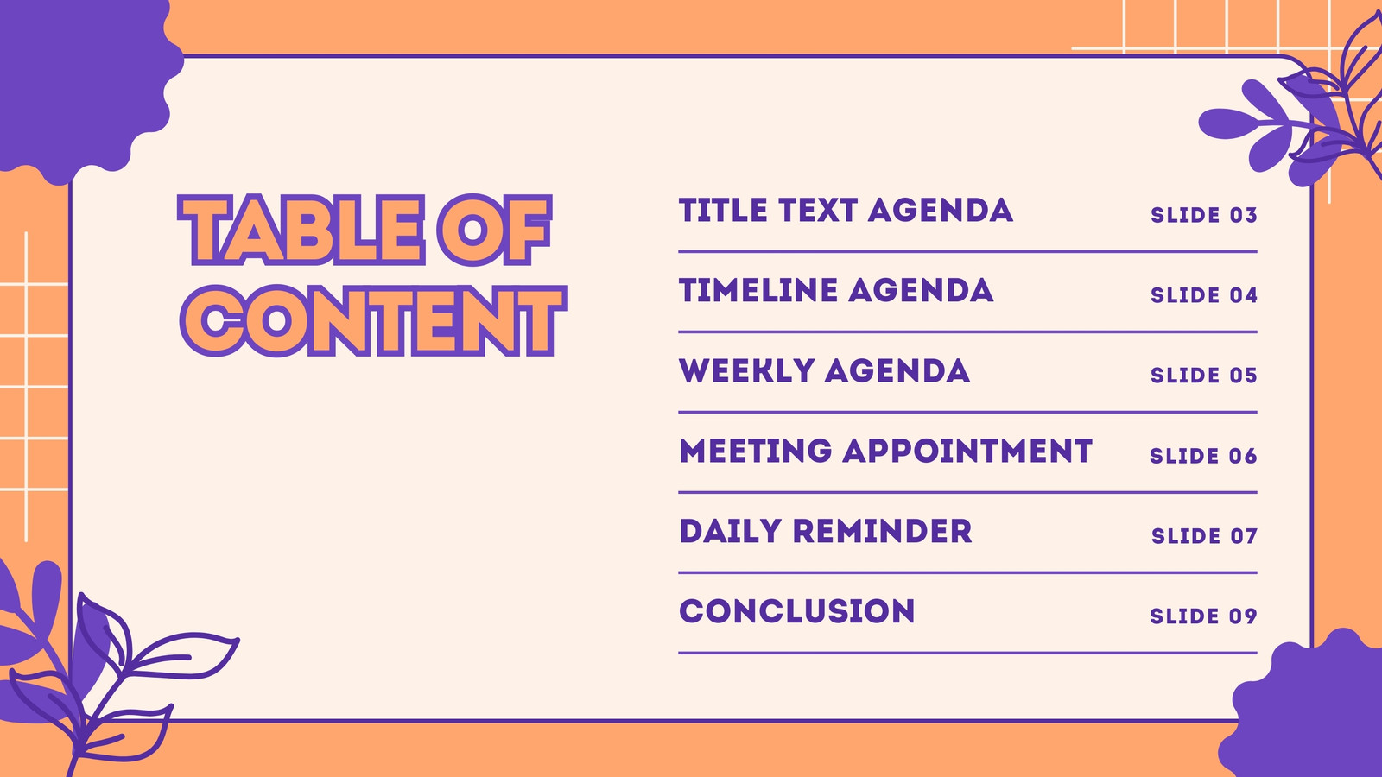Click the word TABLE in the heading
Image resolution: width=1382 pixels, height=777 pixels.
pos(301,230)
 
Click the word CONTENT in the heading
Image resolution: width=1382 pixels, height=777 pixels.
pos(373,320)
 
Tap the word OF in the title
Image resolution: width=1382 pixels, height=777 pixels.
pos(494,230)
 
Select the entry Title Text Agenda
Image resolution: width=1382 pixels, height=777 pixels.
pos(846,211)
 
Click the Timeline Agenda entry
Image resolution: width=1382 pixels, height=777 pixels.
pos(836,290)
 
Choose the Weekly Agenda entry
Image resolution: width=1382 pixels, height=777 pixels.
pos(824,370)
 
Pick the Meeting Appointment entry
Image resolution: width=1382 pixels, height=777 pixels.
pos(886,451)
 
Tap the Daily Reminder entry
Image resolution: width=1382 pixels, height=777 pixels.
pos(826,531)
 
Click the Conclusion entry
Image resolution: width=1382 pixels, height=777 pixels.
pos(797,611)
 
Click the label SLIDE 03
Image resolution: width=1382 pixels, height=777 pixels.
pos(1204,215)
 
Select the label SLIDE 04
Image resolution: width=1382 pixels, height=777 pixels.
pos(1204,295)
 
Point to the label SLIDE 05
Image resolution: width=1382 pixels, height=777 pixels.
pos(1204,376)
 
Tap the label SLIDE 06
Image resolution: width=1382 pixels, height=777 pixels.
pos(1204,456)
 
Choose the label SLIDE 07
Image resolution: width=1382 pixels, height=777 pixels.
pos(1204,536)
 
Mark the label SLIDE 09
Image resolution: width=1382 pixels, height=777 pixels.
pos(1204,616)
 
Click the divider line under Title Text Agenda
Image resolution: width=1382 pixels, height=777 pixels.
pos(968,251)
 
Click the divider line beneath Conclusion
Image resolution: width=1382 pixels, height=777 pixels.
pos(968,653)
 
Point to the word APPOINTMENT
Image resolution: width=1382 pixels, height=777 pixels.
pos(967,451)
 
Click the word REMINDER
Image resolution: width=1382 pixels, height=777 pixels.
pos(882,531)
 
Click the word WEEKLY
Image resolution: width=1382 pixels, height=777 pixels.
pos(747,370)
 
